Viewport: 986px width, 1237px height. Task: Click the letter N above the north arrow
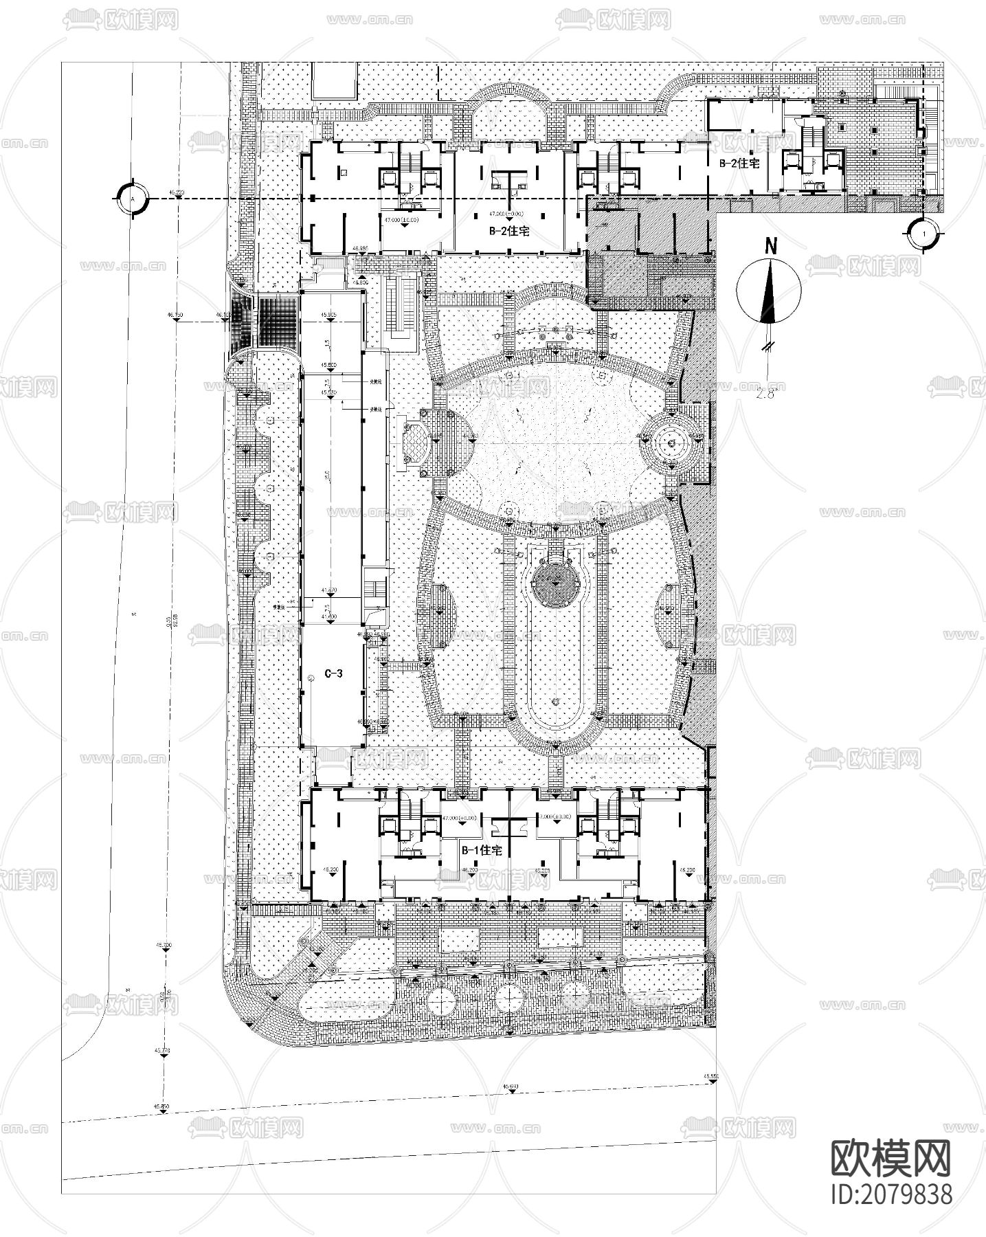tap(772, 246)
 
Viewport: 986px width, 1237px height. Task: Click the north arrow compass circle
tap(768, 291)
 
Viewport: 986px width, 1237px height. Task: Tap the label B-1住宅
tap(481, 850)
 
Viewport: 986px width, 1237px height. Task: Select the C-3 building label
tap(333, 673)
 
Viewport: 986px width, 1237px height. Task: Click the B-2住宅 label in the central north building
tap(509, 232)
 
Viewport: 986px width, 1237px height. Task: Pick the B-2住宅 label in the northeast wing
tap(739, 164)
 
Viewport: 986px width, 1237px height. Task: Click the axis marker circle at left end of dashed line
tap(131, 198)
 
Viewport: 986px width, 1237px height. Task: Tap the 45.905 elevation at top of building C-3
tap(328, 315)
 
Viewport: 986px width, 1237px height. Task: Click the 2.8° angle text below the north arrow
tap(765, 393)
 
